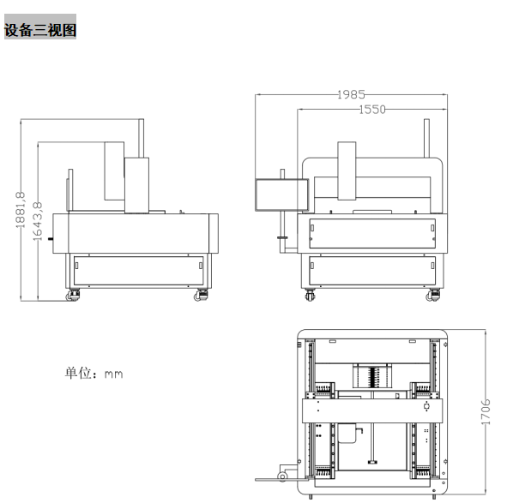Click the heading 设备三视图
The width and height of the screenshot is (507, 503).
[40, 30]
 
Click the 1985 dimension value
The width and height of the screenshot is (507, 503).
[351, 94]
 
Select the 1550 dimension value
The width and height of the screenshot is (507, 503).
[372, 110]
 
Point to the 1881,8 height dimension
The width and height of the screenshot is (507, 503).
[21, 210]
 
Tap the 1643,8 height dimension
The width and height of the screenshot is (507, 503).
[38, 221]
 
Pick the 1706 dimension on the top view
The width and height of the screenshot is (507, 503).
[486, 412]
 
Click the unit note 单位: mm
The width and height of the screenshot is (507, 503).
[94, 373]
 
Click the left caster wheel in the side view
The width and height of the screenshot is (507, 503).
[73, 296]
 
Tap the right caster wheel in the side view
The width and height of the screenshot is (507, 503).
[201, 296]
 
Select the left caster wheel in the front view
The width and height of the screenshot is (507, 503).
[310, 296]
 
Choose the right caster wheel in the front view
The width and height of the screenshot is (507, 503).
[433, 296]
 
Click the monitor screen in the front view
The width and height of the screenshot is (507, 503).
[281, 195]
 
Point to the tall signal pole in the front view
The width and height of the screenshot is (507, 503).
[426, 138]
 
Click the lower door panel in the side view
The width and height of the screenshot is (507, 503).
[138, 271]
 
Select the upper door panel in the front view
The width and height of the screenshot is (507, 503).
[372, 234]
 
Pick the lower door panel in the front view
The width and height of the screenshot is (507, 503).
[372, 271]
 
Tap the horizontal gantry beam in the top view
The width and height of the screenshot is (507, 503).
[372, 410]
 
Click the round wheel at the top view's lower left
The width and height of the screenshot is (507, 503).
[282, 476]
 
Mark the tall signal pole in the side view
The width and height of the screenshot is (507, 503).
[141, 138]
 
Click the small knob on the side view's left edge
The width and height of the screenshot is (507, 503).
[51, 239]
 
